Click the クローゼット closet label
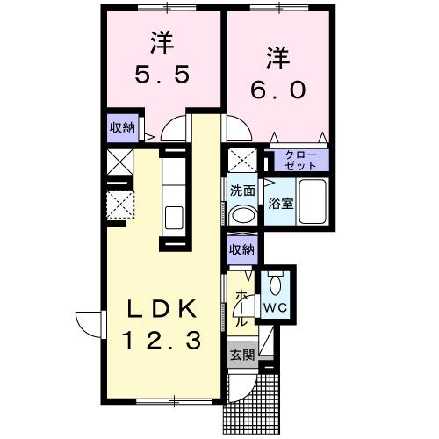click(301, 160)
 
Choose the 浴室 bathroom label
click(281, 201)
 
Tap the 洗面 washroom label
click(242, 190)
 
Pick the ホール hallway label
click(241, 310)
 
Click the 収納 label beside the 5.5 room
click(122, 127)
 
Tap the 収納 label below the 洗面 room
click(241, 249)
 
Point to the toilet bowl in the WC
click(277, 284)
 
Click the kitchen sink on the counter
click(174, 216)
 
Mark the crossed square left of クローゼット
click(241, 161)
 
